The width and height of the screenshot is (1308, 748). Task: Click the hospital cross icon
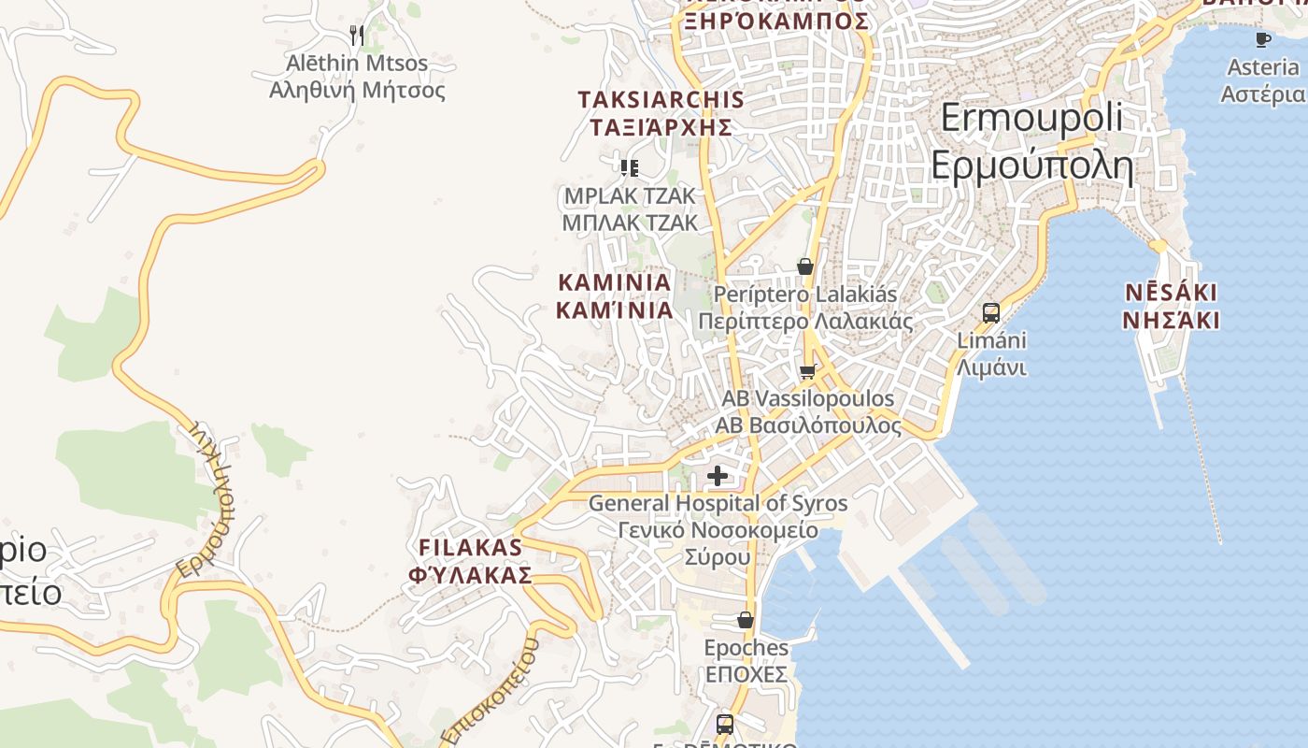tap(718, 476)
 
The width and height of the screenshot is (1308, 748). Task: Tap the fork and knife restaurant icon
tap(356, 36)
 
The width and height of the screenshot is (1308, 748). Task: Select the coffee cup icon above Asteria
tap(1263, 39)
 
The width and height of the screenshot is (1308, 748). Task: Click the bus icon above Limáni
tap(991, 313)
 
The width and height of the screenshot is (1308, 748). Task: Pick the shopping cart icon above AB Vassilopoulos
tap(808, 371)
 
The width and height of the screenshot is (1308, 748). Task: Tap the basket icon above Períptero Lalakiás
tap(805, 267)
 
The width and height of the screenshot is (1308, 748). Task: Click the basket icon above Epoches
tap(746, 620)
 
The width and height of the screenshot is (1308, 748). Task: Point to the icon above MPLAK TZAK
tap(630, 168)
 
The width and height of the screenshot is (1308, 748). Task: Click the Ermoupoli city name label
tap(1031, 119)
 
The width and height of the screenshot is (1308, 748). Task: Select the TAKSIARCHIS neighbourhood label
tap(661, 100)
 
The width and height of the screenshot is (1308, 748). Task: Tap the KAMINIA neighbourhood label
tap(615, 282)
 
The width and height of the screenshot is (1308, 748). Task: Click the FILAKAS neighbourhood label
tap(470, 548)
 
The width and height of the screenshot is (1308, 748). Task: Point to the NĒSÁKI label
tap(1172, 293)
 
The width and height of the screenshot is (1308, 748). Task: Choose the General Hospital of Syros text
tap(718, 504)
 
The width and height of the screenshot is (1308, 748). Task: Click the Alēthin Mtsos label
tap(357, 64)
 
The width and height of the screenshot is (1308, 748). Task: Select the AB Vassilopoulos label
tap(808, 399)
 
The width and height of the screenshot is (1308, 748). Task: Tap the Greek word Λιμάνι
tap(991, 367)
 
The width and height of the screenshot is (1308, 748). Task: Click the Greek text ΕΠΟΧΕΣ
tap(746, 674)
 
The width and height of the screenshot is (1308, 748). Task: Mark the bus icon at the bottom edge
tap(725, 724)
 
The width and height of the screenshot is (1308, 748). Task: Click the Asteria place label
tap(1263, 67)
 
